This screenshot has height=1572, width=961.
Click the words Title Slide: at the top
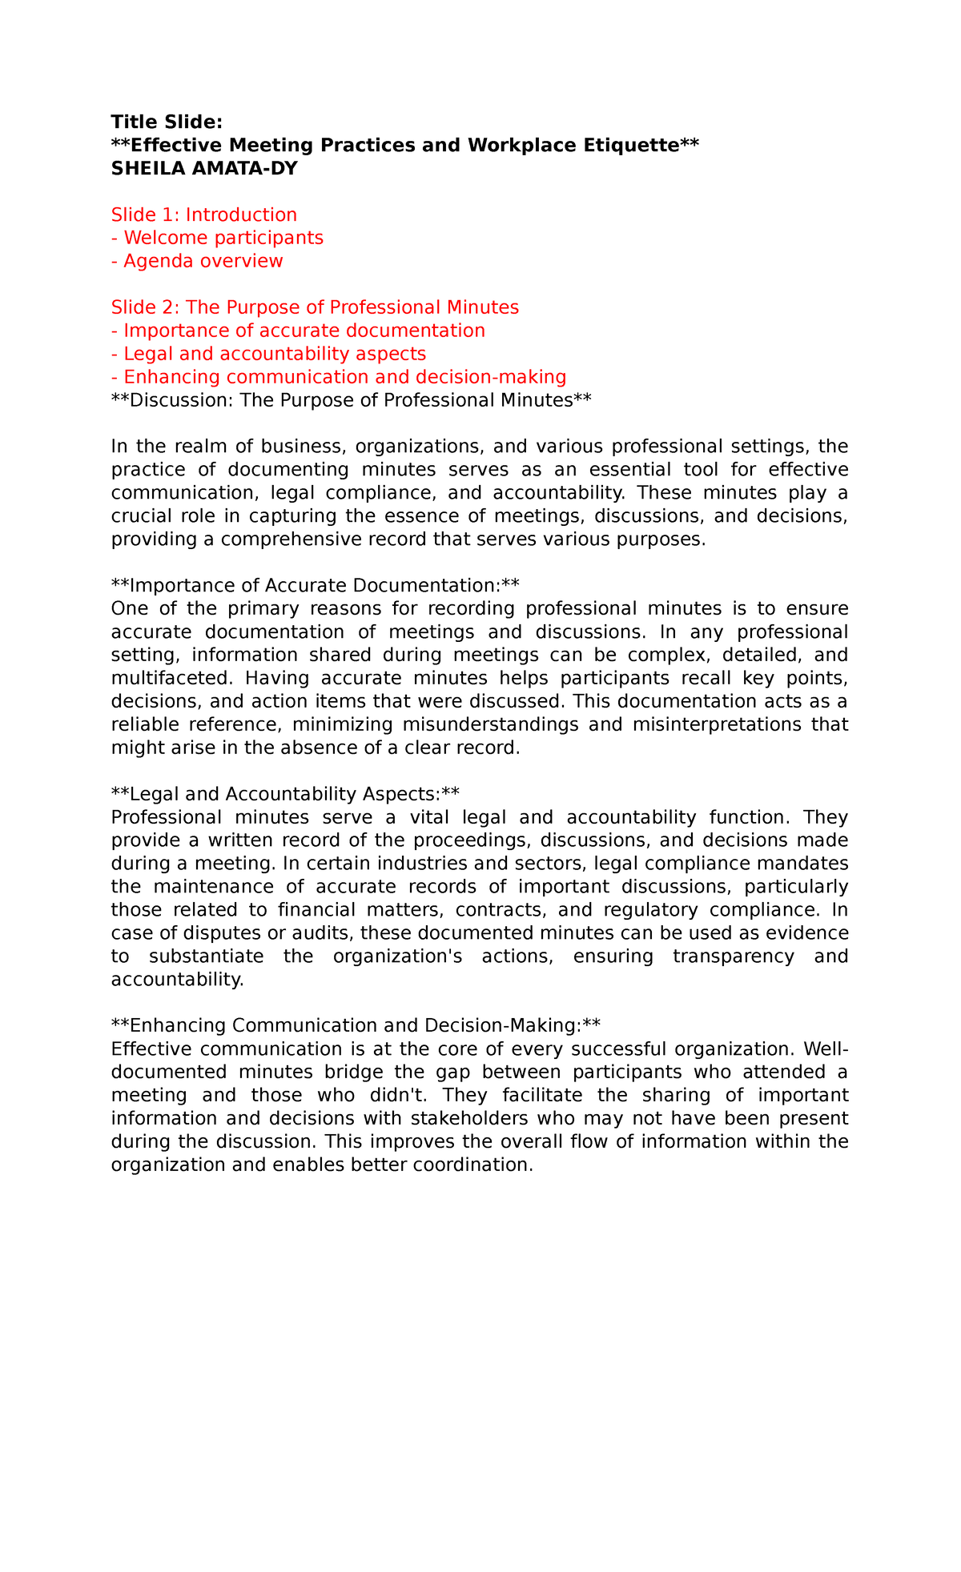pyautogui.click(x=166, y=122)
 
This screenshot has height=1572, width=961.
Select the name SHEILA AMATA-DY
pyautogui.click(x=203, y=168)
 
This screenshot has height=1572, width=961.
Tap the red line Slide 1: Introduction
pyautogui.click(x=203, y=215)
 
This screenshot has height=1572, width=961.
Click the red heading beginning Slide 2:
pyautogui.click(x=315, y=307)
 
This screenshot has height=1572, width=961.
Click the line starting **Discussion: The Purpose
pyautogui.click(x=351, y=400)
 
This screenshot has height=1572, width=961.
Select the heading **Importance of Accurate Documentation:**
pyautogui.click(x=316, y=586)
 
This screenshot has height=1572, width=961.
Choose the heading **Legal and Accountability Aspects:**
pyautogui.click(x=285, y=794)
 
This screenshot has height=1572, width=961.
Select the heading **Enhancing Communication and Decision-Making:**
pyautogui.click(x=356, y=1026)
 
